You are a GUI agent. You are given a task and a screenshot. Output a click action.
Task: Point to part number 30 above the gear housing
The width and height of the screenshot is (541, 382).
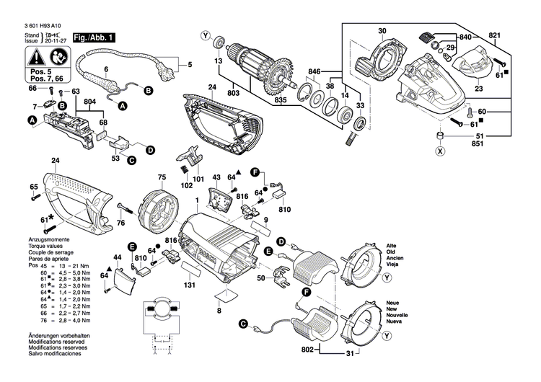pos(382,30)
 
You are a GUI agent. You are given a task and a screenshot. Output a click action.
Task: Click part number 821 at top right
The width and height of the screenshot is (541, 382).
pos(494,35)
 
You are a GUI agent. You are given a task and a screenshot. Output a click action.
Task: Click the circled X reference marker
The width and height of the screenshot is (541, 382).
pos(439,151)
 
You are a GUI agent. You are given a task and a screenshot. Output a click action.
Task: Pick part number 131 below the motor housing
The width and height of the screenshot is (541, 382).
pos(190,285)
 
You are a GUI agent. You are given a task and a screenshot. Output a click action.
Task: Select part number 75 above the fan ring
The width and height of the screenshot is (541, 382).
pos(162,177)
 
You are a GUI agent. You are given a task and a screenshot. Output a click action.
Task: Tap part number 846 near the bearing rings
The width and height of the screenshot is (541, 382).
pos(313,73)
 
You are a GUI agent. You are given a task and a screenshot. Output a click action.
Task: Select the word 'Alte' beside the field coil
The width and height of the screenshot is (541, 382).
pos(392,246)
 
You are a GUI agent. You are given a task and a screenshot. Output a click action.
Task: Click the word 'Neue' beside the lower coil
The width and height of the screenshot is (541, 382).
pos(393,303)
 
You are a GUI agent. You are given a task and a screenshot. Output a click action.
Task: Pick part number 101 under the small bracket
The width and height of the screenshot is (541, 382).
pos(198,178)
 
